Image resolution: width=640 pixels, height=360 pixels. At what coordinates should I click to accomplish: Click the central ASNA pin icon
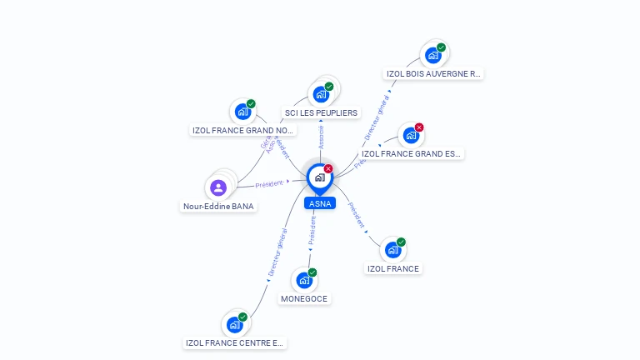click(x=319, y=177)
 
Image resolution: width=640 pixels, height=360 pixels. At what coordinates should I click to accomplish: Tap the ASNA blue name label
click(x=320, y=203)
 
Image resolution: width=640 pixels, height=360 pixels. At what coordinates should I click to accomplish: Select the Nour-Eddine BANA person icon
click(x=218, y=187)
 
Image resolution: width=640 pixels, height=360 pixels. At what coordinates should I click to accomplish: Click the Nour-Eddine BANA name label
click(x=219, y=206)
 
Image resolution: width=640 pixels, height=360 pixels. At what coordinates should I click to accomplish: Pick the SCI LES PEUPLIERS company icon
click(x=321, y=94)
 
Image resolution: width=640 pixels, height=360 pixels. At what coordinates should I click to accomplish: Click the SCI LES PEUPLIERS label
click(x=321, y=112)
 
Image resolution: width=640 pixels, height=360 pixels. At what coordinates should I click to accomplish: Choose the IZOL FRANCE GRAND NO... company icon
click(x=242, y=111)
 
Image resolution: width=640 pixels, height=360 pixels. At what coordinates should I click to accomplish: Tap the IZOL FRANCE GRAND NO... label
click(x=243, y=130)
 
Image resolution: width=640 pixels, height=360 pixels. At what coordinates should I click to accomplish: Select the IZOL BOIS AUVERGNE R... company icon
click(x=432, y=55)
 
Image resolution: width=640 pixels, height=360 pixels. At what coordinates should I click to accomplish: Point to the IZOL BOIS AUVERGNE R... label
click(x=433, y=73)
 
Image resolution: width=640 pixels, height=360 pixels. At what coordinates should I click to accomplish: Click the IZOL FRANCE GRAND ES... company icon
click(x=411, y=135)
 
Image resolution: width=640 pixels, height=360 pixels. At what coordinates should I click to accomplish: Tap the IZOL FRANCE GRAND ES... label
click(x=412, y=153)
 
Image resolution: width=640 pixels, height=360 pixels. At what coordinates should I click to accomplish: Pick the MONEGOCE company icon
click(x=304, y=280)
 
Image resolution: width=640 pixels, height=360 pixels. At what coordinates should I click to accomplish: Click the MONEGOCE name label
click(x=304, y=298)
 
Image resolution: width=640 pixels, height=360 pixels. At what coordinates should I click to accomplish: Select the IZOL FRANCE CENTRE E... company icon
click(x=234, y=324)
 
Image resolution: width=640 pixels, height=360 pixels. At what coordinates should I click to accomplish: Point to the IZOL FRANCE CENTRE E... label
click(x=235, y=342)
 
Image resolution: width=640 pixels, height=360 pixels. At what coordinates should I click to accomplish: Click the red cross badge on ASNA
click(x=328, y=168)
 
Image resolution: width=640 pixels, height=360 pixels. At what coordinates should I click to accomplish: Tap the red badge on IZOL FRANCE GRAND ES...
click(x=419, y=127)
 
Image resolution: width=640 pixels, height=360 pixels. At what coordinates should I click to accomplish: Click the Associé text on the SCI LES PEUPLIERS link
click(x=322, y=138)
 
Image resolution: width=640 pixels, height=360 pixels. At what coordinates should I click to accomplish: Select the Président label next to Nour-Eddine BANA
click(x=269, y=183)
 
